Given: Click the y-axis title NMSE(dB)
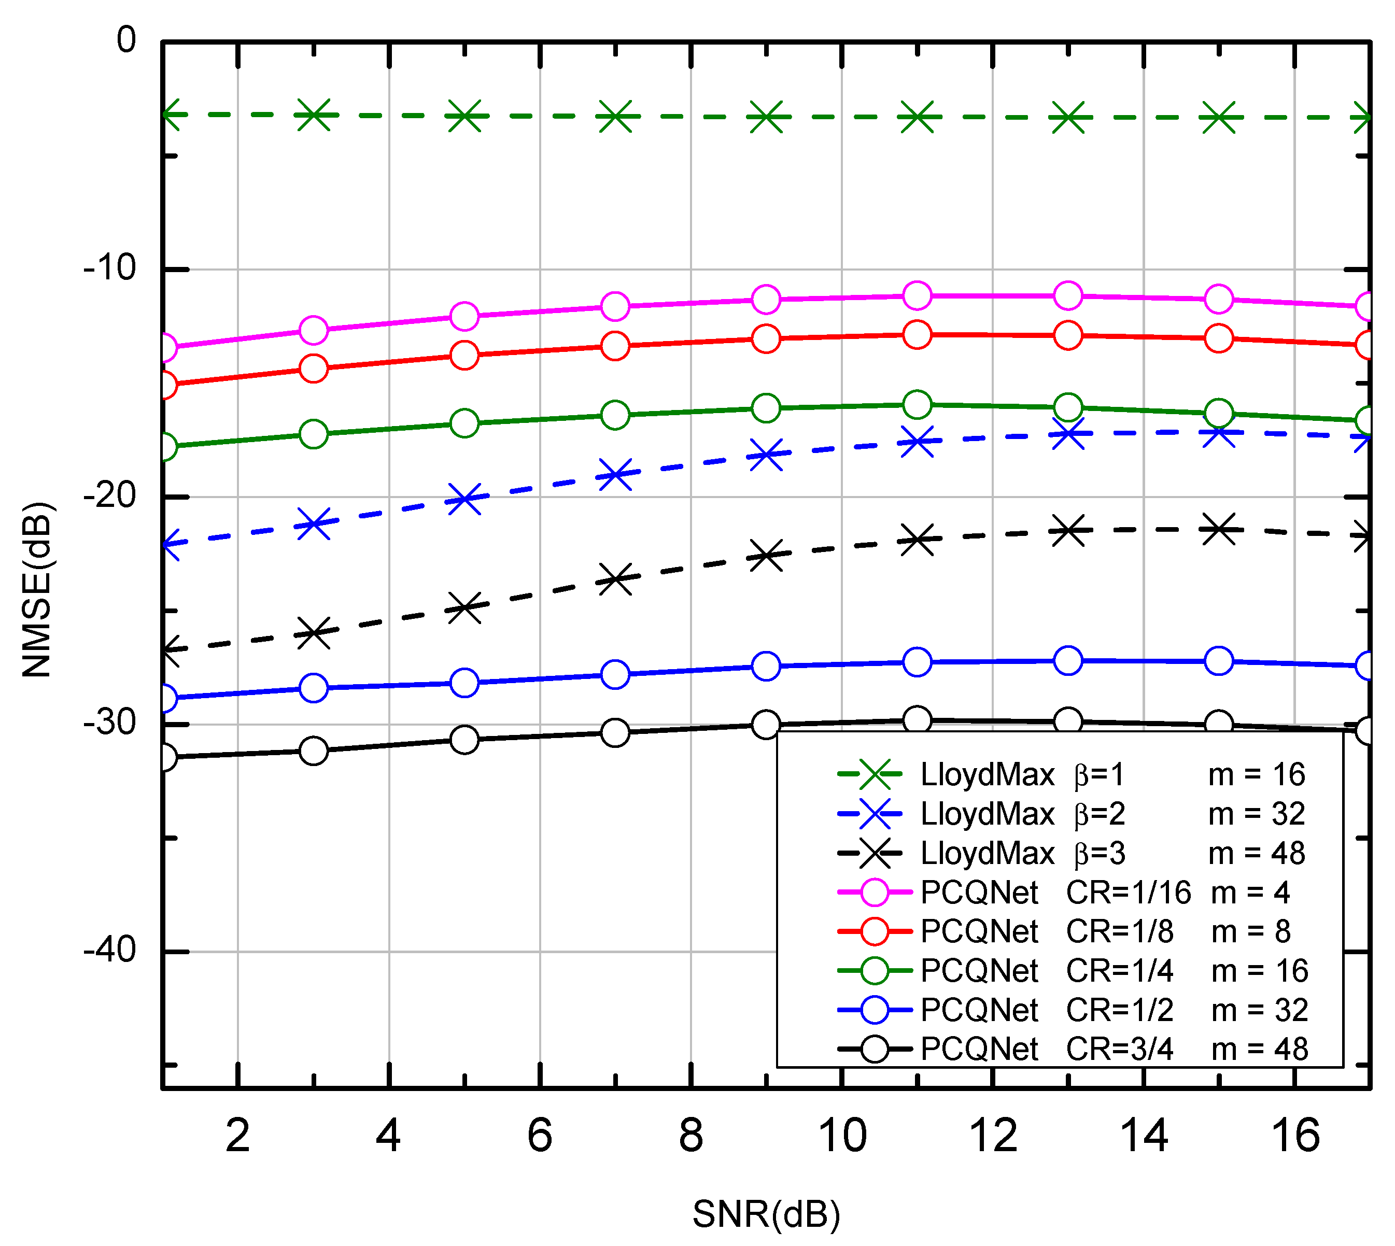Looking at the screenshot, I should pyautogui.click(x=37, y=589).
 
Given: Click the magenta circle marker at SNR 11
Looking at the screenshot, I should pyautogui.click(x=917, y=295).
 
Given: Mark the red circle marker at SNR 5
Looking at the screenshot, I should pyautogui.click(x=464, y=355).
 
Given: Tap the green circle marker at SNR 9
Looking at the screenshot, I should pyautogui.click(x=766, y=408).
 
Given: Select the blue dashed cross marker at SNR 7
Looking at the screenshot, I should pyautogui.click(x=615, y=474).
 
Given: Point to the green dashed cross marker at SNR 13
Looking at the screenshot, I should pyautogui.click(x=1068, y=117).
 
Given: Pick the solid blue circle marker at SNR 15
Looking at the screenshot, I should pyautogui.click(x=1219, y=661).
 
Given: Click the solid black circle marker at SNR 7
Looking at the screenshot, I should pyautogui.click(x=615, y=732).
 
